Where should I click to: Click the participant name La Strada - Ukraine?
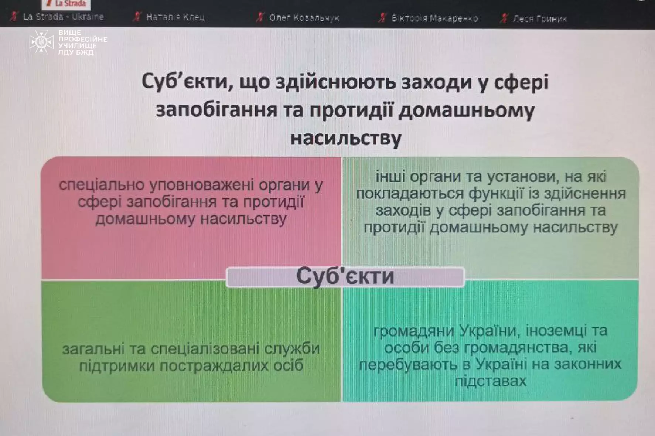[x=63, y=17]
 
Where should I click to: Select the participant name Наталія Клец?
[x=175, y=17]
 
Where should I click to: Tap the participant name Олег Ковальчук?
[x=304, y=18]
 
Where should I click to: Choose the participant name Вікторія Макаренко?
[x=434, y=18]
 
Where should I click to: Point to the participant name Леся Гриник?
[x=539, y=18]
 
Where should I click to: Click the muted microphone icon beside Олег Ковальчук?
[x=260, y=17]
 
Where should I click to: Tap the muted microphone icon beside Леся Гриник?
[x=504, y=18]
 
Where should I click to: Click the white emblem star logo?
[x=41, y=42]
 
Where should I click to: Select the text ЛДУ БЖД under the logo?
[x=76, y=52]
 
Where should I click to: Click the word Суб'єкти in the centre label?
[x=345, y=276]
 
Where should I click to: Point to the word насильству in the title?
[x=346, y=138]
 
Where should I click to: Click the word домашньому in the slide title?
[x=467, y=110]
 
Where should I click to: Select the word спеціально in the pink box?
[x=101, y=185]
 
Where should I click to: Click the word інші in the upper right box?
[x=390, y=177]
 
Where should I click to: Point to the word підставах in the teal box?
[x=491, y=381]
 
